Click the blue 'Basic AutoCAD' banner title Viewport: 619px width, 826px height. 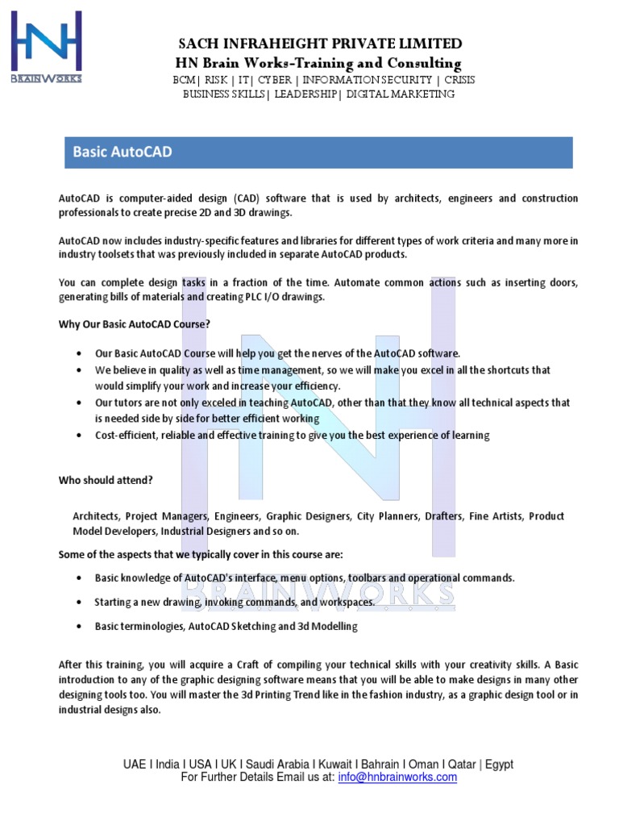tap(123, 152)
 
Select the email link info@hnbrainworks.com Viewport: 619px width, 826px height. tap(397, 778)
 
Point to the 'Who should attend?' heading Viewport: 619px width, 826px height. tap(106, 480)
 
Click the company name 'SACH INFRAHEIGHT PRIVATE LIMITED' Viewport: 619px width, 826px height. tap(320, 44)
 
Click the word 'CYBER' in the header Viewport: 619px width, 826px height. tap(275, 80)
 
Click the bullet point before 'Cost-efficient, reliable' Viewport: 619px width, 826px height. tap(78, 436)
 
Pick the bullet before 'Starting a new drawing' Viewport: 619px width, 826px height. tap(78, 603)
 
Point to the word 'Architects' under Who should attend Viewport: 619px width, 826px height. tap(97, 516)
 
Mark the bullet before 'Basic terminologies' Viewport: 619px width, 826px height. tap(78, 626)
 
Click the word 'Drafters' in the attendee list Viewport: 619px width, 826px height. tap(440, 516)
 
